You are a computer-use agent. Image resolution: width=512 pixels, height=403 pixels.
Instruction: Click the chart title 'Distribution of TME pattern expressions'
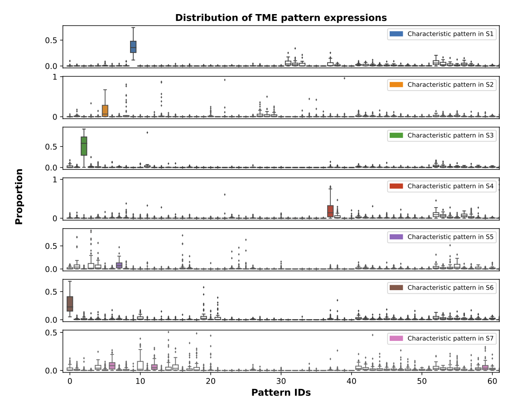click(281, 18)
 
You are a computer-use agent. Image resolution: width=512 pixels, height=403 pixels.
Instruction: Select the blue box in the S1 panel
click(133, 47)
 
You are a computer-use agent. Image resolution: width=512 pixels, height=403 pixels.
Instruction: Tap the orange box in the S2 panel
click(105, 111)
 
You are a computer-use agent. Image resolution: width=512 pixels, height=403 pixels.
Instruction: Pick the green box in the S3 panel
click(84, 146)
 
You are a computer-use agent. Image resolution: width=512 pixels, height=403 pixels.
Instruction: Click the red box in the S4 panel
click(330, 211)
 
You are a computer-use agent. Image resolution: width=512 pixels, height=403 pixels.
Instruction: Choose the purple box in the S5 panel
click(119, 265)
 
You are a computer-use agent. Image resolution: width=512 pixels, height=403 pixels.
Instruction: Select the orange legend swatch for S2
click(396, 85)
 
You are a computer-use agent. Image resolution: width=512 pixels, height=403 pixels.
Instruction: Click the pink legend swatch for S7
click(396, 339)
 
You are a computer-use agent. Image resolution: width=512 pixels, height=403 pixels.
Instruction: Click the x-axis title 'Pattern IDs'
click(281, 393)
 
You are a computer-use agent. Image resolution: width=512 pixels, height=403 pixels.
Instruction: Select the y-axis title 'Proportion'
click(19, 197)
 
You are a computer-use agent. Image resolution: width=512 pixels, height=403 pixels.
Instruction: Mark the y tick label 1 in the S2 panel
click(55, 77)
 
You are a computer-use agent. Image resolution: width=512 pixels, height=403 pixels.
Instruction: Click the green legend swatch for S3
click(396, 136)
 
